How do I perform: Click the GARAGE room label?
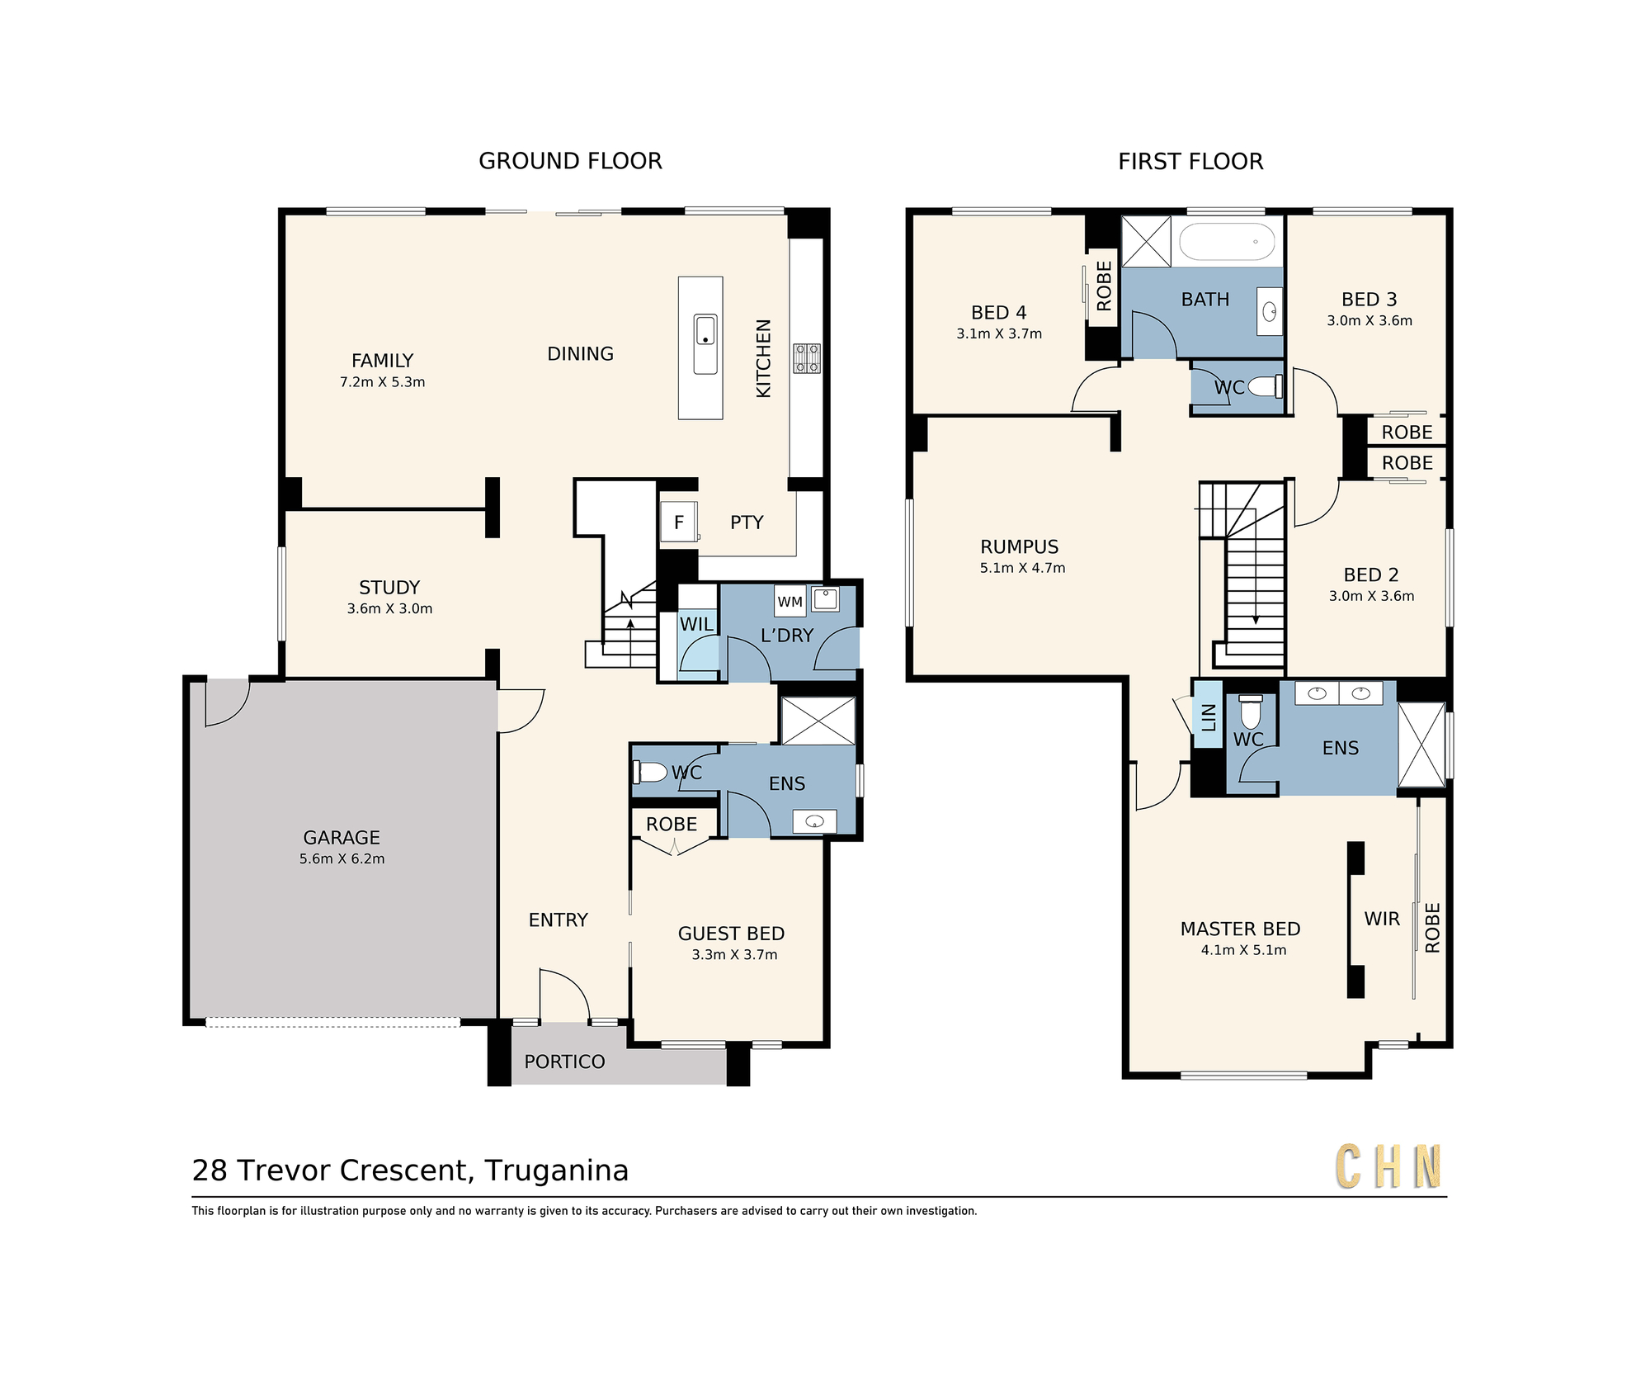pos(342,838)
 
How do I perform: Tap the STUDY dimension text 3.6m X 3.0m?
pos(389,609)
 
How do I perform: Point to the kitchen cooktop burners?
pos(807,358)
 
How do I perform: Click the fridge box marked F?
pos(679,522)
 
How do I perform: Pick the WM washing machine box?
pos(790,602)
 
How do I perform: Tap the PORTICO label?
pos(564,1062)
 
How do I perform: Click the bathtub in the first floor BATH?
pos(1227,242)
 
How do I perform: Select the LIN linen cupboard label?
pos(1209,716)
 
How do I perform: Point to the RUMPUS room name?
pos(1019,546)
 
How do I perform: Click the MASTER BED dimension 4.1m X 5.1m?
pos(1243,950)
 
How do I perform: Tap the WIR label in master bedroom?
pos(1382,919)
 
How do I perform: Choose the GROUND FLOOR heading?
pos(570,161)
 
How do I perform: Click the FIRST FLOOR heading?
pos(1190,162)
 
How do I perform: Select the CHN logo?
pos(1388,1166)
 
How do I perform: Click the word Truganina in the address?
pos(556,1170)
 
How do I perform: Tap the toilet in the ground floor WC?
pos(649,772)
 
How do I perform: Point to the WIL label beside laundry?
pos(696,624)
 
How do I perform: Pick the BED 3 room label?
pos(1369,300)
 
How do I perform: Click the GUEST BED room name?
pos(731,934)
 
